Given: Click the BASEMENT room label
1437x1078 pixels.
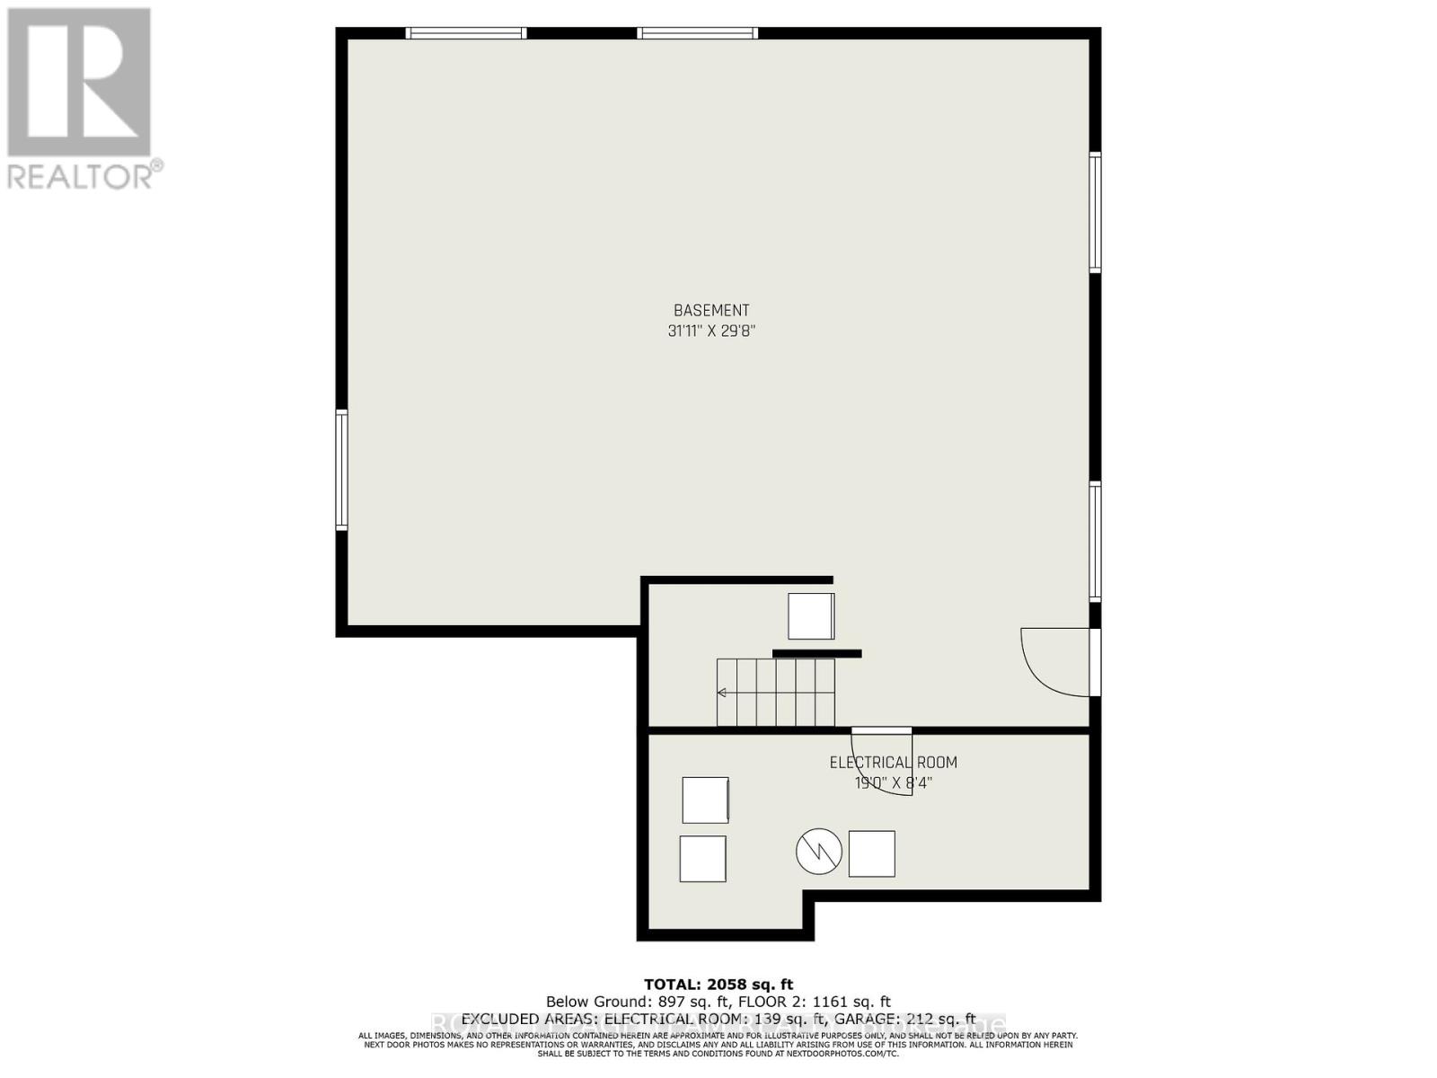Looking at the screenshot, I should (711, 311).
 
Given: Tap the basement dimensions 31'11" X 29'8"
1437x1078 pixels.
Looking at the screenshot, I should (711, 331).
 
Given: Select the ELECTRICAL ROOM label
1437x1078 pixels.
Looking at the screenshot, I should (893, 763).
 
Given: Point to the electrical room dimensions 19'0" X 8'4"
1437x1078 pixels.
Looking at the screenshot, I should (893, 782).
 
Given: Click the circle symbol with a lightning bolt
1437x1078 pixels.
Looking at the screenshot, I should (818, 852).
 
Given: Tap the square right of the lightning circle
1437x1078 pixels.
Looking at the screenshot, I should (871, 853).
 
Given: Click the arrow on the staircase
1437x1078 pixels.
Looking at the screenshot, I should (722, 693).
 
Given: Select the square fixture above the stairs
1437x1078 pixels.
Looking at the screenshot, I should (811, 616).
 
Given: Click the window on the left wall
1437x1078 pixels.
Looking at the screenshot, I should (341, 469).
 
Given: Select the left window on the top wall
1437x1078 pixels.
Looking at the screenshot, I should (465, 33).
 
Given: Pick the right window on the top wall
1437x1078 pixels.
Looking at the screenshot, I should (698, 33).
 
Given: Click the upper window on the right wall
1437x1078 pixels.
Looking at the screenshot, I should (1095, 212).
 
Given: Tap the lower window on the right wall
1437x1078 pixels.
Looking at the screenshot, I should (1095, 542).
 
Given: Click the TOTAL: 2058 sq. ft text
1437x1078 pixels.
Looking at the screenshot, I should (718, 985).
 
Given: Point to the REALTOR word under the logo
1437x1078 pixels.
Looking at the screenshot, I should (81, 175).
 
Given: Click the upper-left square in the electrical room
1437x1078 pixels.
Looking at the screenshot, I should (705, 800).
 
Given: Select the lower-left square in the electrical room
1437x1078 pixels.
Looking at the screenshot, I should (702, 859).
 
